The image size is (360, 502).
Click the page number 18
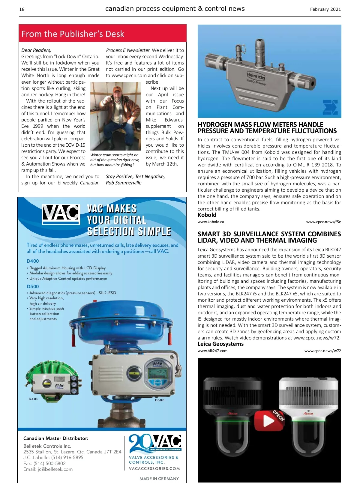tap(22, 9)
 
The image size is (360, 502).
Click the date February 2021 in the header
tap(325, 9)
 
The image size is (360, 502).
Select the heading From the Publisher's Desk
tap(73, 34)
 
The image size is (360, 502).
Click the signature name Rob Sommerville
tap(123, 183)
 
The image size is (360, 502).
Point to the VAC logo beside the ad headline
tap(61, 214)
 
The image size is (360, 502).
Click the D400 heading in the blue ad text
tap(33, 261)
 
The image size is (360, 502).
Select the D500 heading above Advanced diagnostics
tap(33, 286)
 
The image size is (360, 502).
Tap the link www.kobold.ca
tap(211, 222)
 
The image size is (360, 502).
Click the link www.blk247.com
tap(212, 351)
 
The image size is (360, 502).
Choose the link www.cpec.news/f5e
tap(323, 222)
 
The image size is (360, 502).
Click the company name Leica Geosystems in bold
tap(220, 344)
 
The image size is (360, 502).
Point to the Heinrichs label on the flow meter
tap(256, 76)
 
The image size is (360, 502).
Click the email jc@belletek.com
tap(55, 469)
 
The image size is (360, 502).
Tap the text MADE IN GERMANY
tap(159, 479)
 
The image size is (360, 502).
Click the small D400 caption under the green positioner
tap(34, 399)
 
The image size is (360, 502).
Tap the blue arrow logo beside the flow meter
tap(330, 107)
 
